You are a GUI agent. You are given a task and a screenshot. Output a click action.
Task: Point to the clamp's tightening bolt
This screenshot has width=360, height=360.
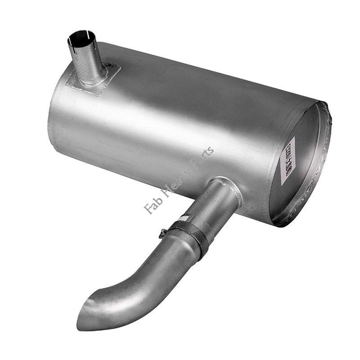pos(163,232)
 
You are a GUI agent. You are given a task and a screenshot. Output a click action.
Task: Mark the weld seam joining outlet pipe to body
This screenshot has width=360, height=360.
pos(226,182)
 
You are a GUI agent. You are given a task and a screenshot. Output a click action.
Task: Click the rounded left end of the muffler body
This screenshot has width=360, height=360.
pos(56,118)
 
